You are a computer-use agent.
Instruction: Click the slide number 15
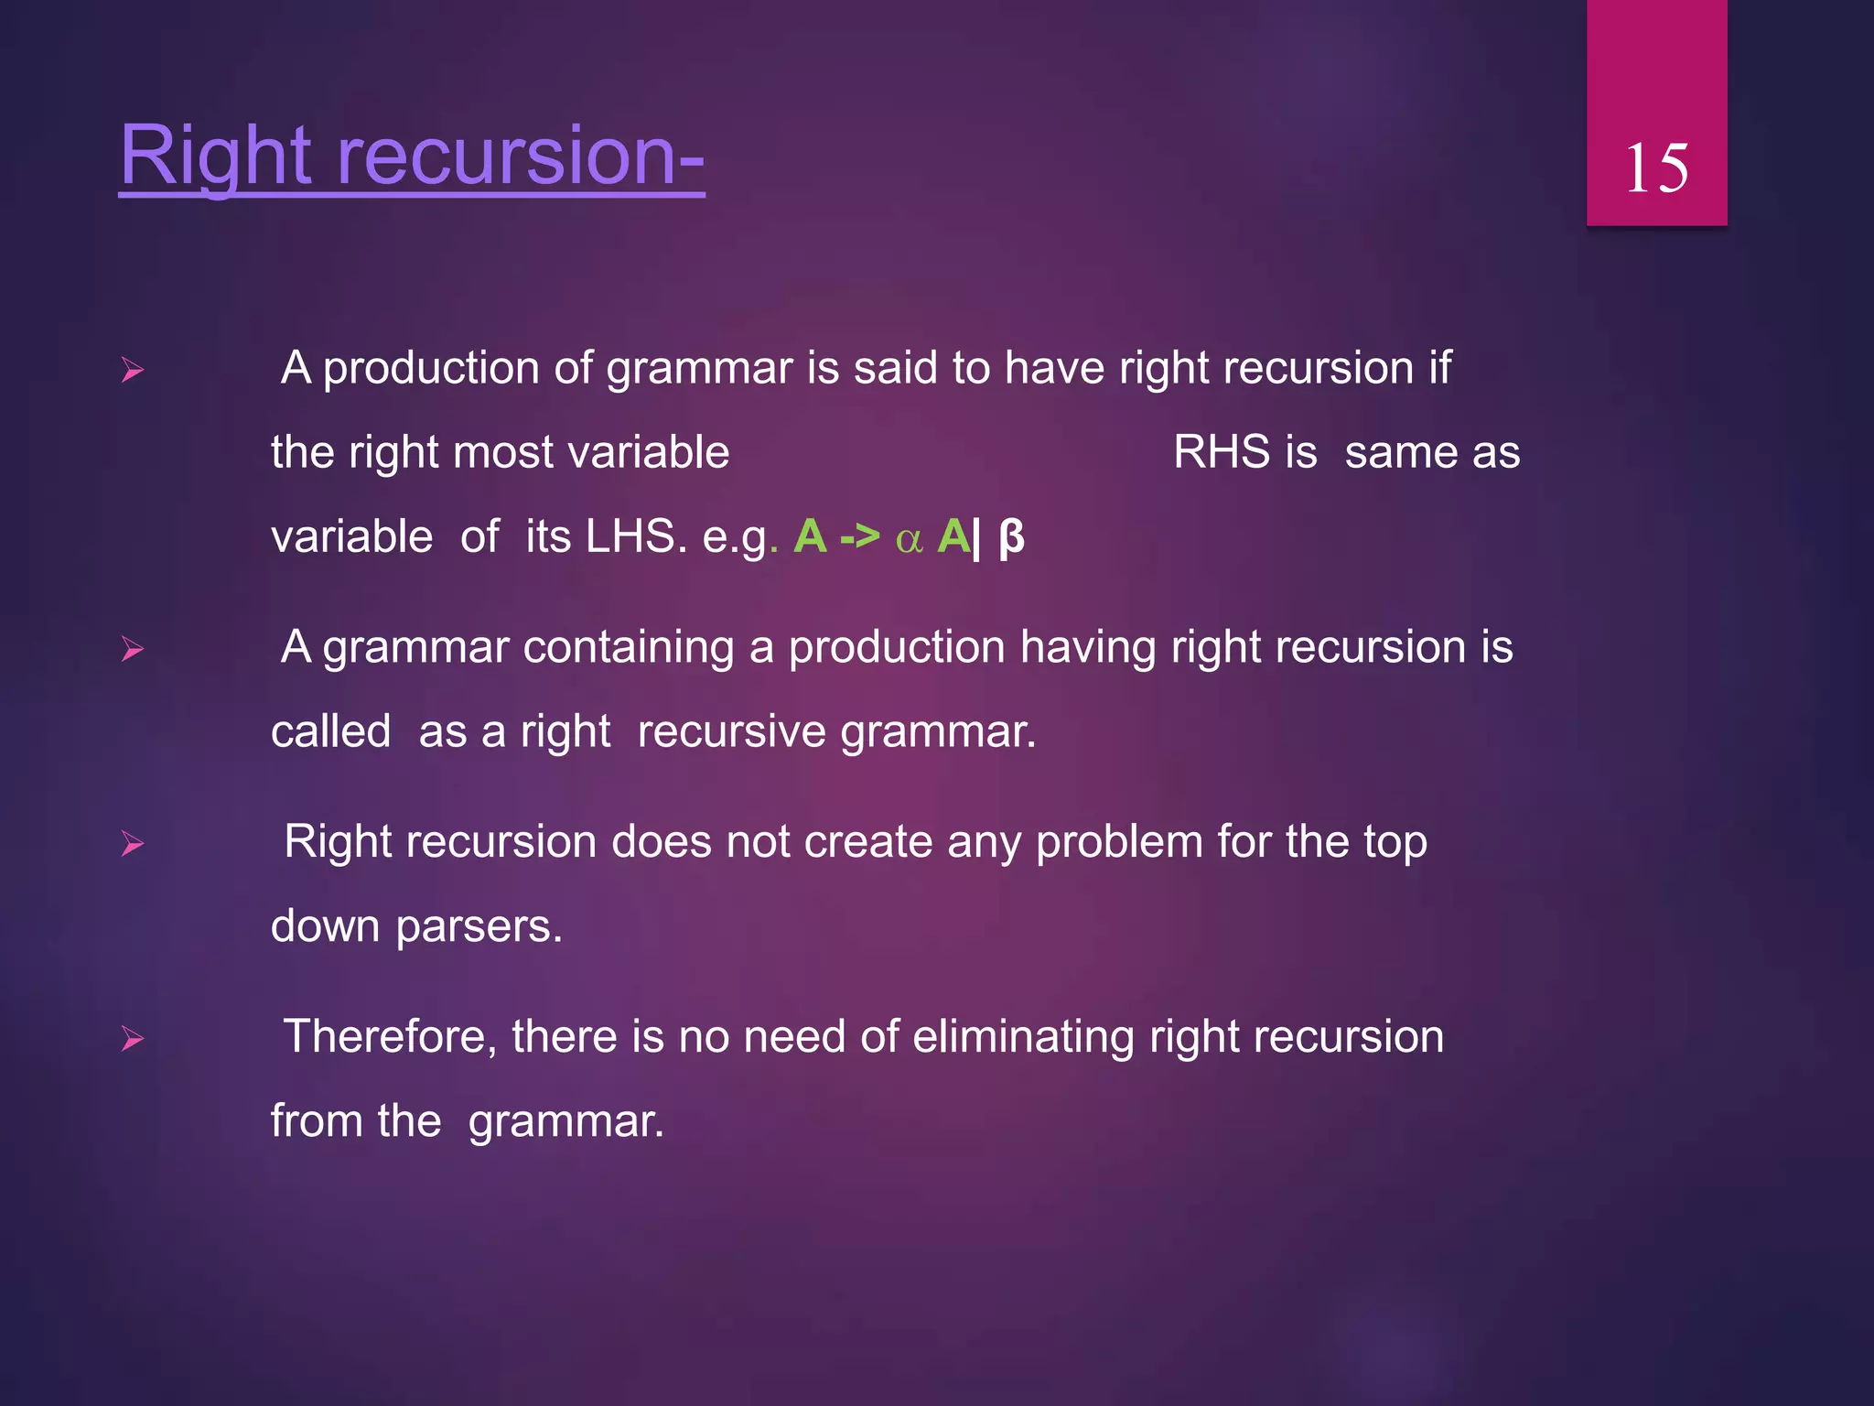(1656, 168)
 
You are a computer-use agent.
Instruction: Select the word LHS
(635, 536)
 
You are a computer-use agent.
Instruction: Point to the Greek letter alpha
(909, 539)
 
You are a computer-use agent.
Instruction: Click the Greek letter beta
(1011, 537)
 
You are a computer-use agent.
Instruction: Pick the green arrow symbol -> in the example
(859, 536)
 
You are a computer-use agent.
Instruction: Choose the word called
(331, 732)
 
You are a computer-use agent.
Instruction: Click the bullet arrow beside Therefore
(133, 1039)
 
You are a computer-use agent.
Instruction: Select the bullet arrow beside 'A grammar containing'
(133, 650)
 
